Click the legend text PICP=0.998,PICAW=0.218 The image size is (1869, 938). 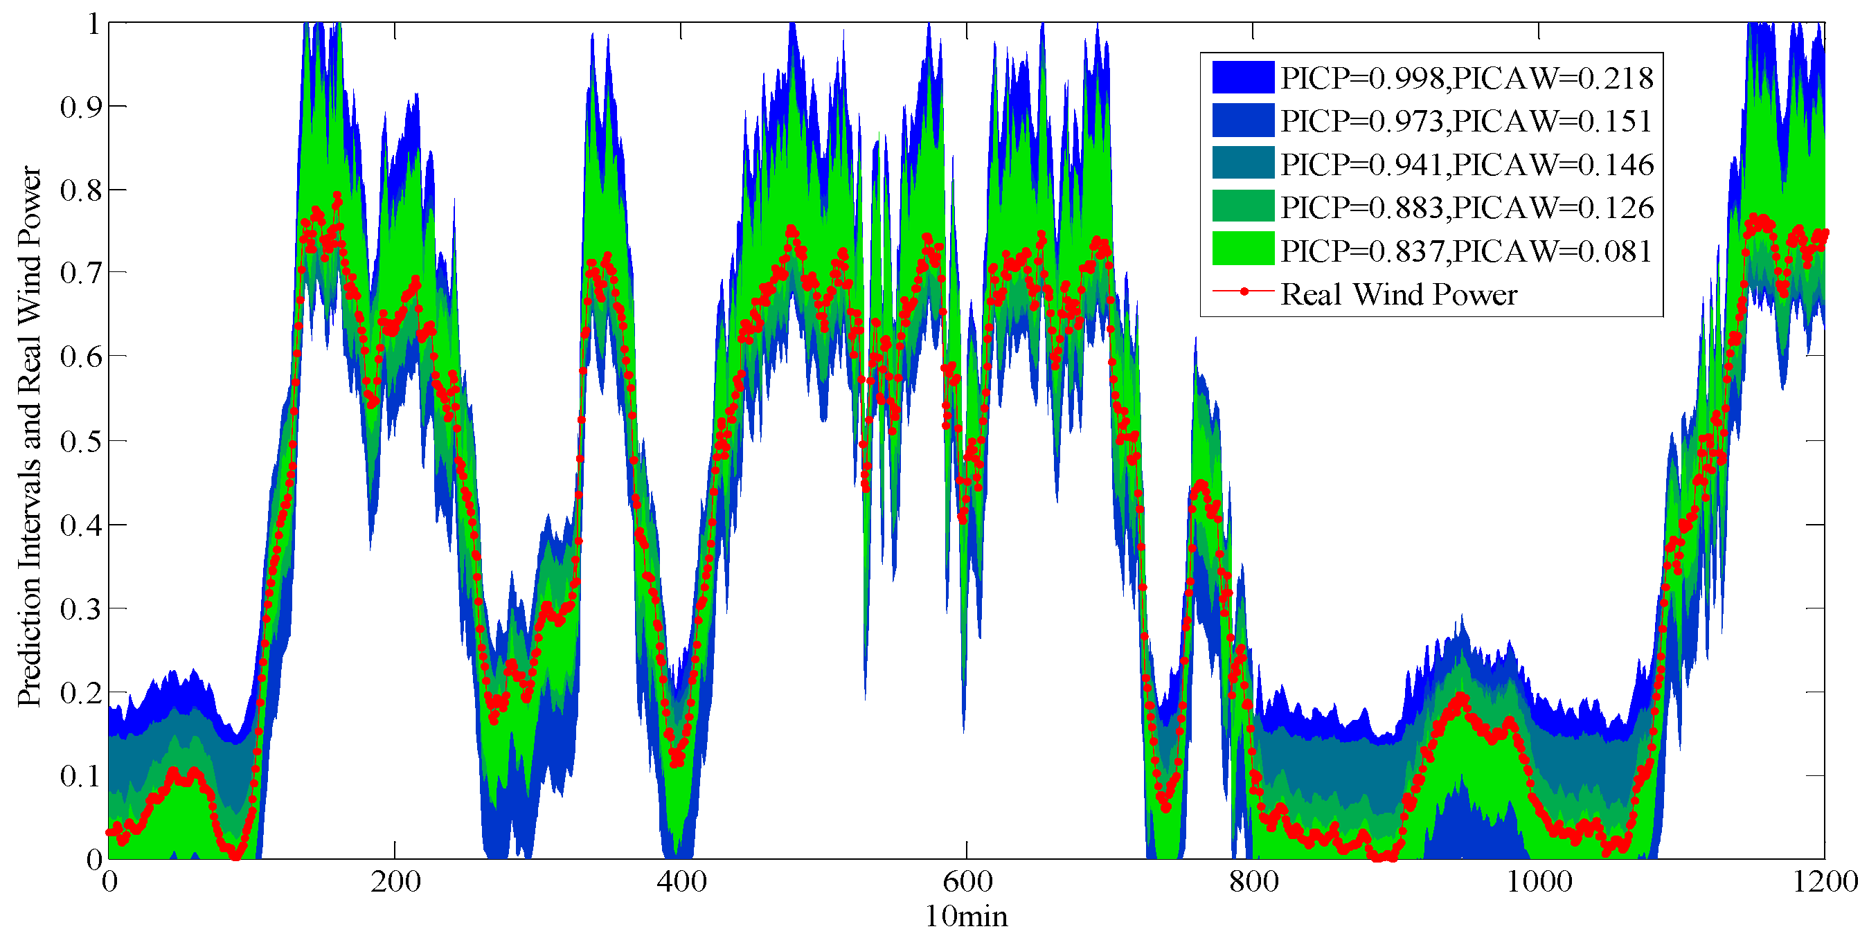click(x=1466, y=78)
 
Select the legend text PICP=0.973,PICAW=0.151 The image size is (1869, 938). click(x=1466, y=121)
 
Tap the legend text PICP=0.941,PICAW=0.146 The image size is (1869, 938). click(x=1466, y=165)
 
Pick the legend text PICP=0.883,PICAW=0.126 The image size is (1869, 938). click(x=1466, y=208)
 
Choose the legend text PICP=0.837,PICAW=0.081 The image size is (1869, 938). click(x=1466, y=251)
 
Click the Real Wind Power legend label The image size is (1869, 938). click(x=1398, y=294)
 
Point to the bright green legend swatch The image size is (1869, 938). click(x=1243, y=249)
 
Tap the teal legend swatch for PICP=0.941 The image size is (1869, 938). click(x=1243, y=163)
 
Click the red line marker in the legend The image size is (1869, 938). click(x=1244, y=291)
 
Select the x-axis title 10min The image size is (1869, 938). click(x=966, y=917)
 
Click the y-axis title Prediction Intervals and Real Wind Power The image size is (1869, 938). click(x=30, y=437)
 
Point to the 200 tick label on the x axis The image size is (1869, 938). click(x=395, y=882)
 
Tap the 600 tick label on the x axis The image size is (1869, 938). click(x=967, y=882)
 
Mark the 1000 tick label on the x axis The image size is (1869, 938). click(x=1539, y=882)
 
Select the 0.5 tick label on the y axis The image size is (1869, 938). click(x=80, y=441)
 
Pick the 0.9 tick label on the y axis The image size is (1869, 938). click(x=80, y=107)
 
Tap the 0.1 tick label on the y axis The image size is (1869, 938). click(x=80, y=776)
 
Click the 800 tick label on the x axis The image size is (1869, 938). click(x=1253, y=882)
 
